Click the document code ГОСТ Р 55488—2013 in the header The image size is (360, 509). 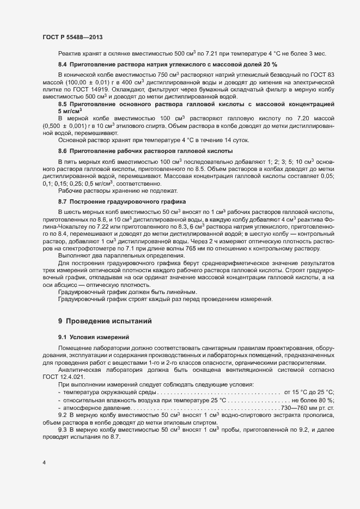coord(72,37)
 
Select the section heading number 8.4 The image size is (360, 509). coord(63,64)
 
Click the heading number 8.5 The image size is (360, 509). coord(63,104)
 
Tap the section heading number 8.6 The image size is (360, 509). coord(63,151)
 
